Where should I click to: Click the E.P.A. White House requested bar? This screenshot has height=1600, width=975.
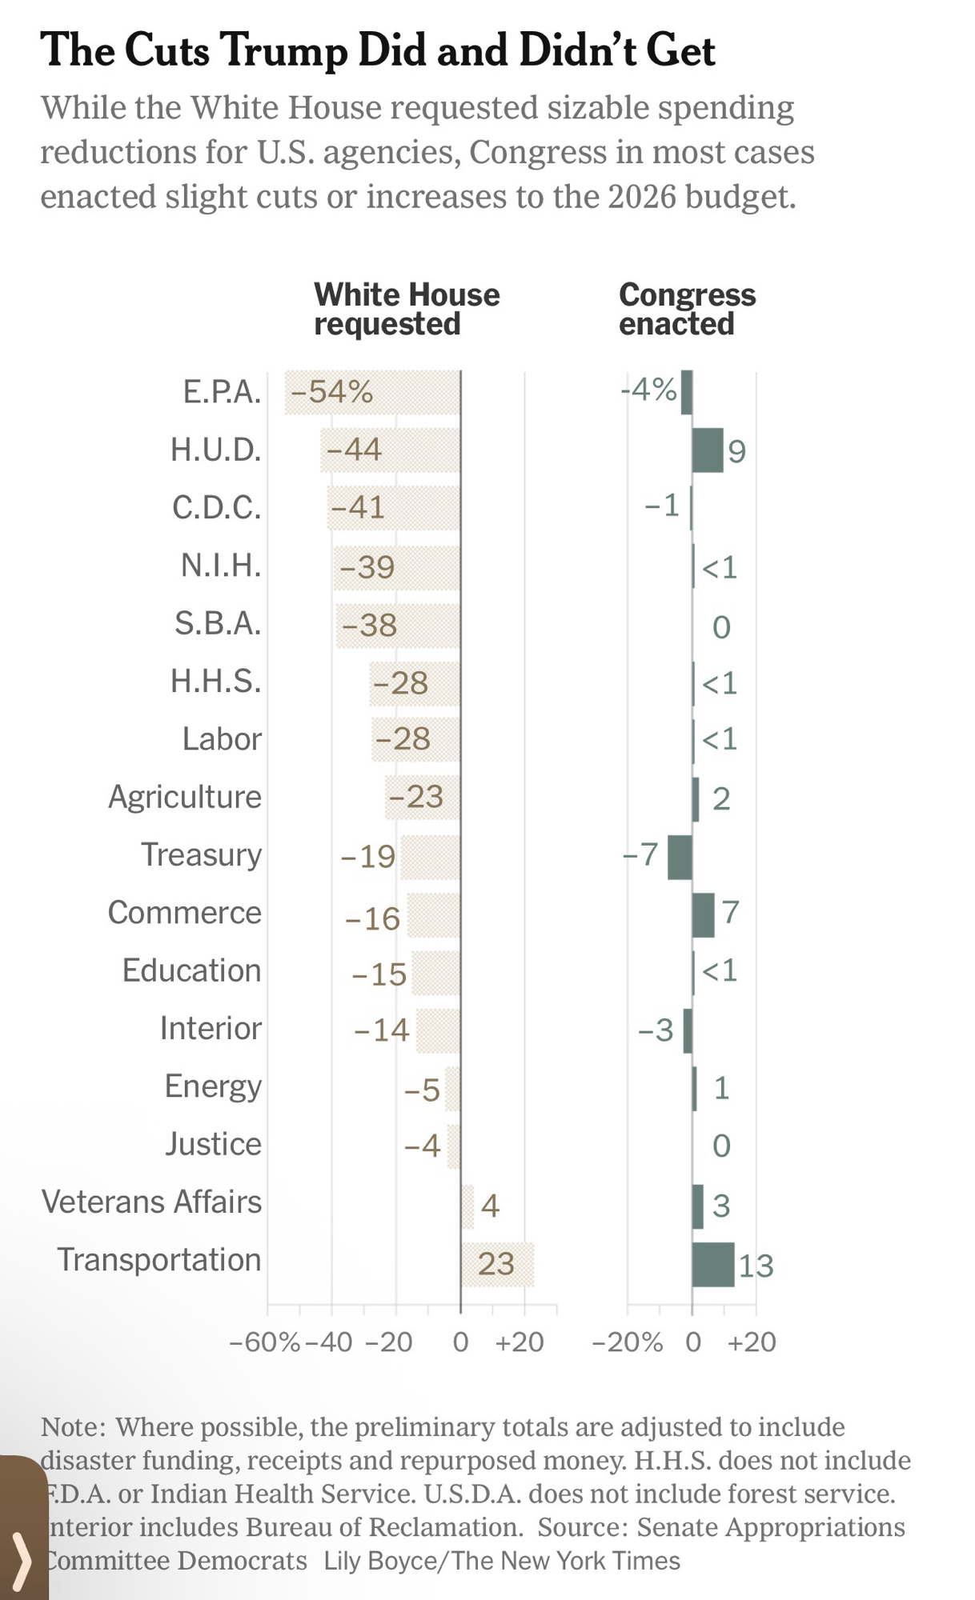point(372,392)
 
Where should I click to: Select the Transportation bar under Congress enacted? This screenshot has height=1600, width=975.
point(712,1264)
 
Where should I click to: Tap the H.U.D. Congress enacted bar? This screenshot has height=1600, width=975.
point(707,450)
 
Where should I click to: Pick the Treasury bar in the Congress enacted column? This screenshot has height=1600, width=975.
point(680,857)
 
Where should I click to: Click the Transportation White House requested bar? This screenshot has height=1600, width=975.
point(497,1264)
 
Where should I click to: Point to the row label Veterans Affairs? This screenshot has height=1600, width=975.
point(151,1202)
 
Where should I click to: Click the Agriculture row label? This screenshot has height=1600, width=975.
point(185,797)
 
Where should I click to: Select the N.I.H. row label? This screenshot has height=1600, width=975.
point(221,566)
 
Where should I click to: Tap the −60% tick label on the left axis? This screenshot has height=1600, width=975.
point(264,1342)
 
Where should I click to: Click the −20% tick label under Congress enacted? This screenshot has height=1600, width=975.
point(627,1342)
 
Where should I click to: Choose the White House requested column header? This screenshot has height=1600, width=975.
point(406,309)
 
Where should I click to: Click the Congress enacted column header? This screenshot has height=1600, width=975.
point(687,309)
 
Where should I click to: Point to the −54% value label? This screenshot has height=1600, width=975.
point(332,392)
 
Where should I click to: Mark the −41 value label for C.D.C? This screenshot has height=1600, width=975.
point(358,507)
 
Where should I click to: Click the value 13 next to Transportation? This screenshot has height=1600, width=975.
point(755,1266)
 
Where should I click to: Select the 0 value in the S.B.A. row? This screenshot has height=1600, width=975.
point(721,626)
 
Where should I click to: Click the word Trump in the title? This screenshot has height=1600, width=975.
point(283,50)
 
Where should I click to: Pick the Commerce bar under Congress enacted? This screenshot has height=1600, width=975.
point(703,914)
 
